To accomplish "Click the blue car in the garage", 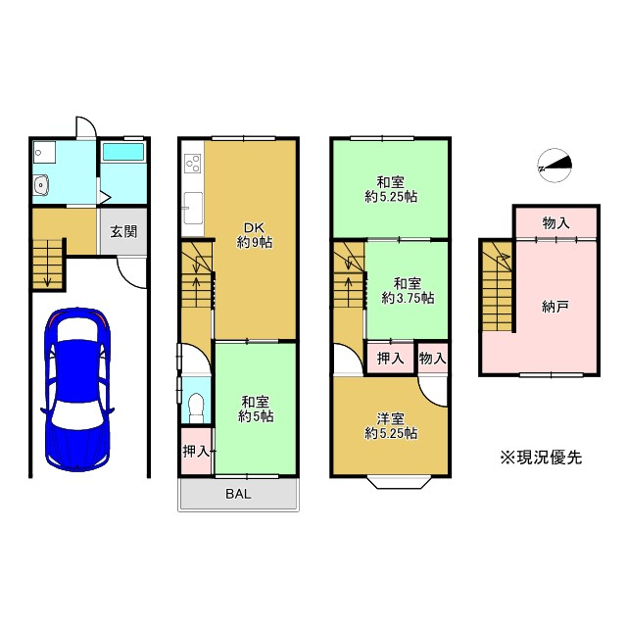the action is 76,389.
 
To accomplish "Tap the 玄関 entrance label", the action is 123,231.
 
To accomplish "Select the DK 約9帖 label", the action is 255,235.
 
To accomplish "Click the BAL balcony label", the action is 238,494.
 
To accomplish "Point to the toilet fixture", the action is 196,408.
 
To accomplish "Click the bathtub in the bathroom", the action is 123,152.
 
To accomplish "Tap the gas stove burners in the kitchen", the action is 193,164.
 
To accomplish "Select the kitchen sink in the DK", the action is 193,208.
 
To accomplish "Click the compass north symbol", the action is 555,166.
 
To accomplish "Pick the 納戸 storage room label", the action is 555,307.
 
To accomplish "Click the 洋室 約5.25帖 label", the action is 391,426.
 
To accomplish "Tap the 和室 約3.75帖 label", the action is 408,291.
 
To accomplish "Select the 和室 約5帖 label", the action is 256,410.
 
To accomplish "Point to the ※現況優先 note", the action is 541,458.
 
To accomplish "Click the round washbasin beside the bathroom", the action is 40,185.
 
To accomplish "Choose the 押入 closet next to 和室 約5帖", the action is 196,451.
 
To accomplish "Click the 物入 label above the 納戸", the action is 555,222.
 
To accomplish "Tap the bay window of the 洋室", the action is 399,482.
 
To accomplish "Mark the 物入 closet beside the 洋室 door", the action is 432,358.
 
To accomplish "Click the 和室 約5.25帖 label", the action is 391,189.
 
